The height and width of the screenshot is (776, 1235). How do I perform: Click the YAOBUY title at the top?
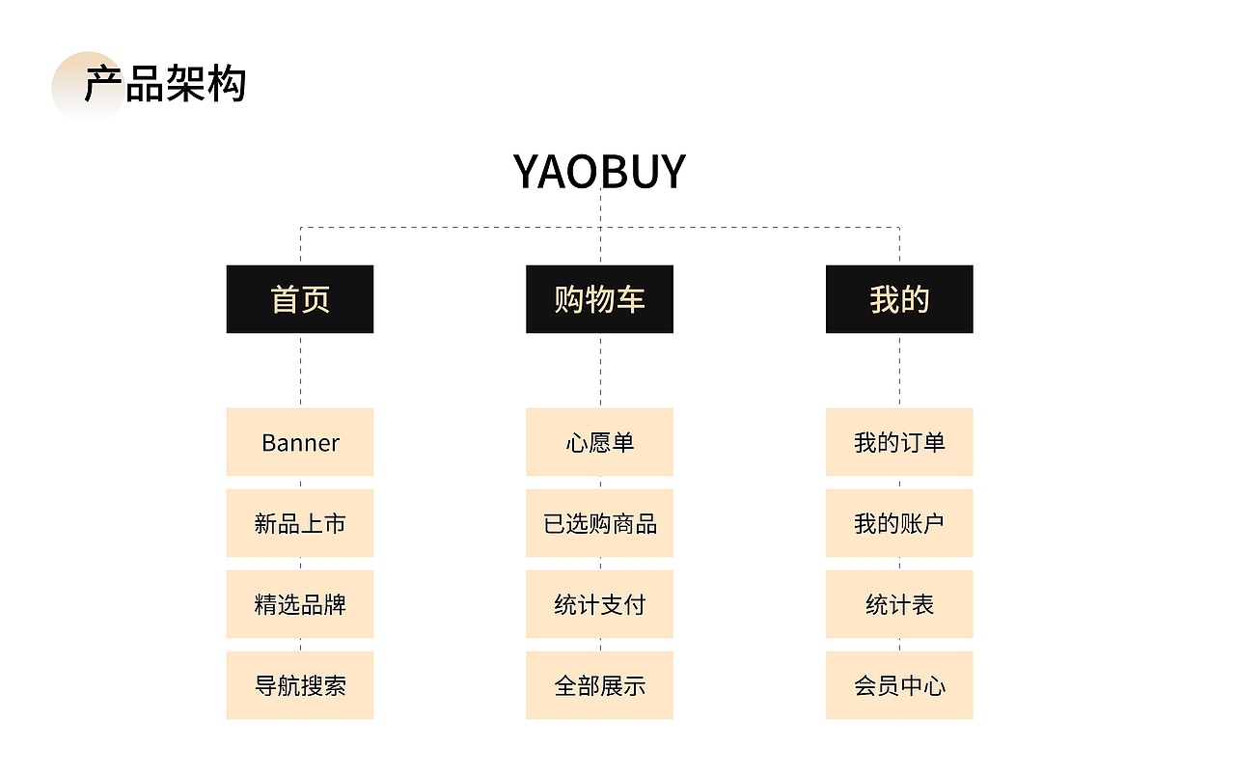tap(599, 172)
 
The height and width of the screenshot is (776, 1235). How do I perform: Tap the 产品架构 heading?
tap(165, 85)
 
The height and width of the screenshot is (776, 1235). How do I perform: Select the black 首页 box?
tap(300, 299)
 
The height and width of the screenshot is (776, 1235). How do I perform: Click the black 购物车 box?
tap(599, 299)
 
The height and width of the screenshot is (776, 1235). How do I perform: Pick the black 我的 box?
tap(899, 299)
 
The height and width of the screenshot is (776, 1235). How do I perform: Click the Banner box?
tap(300, 442)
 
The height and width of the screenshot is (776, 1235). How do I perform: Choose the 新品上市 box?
tap(300, 523)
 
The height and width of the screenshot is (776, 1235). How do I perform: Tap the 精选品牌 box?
tap(300, 604)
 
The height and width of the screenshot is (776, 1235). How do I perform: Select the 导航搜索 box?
tap(300, 685)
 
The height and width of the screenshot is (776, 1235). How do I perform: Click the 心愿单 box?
tap(599, 442)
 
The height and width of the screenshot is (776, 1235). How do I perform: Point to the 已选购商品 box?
tap(599, 523)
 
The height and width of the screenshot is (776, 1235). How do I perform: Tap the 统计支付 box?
tap(599, 604)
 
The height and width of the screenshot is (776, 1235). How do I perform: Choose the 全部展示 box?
tap(599, 685)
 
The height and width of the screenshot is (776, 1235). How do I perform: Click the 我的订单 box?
tap(899, 442)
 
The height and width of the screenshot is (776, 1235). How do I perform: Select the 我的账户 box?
tap(899, 523)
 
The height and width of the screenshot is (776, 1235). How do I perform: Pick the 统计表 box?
tap(899, 604)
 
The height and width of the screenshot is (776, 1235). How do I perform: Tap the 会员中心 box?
tap(899, 685)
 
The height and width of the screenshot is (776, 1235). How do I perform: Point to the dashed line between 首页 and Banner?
tap(300, 371)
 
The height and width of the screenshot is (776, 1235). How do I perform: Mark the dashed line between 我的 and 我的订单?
tap(899, 371)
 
